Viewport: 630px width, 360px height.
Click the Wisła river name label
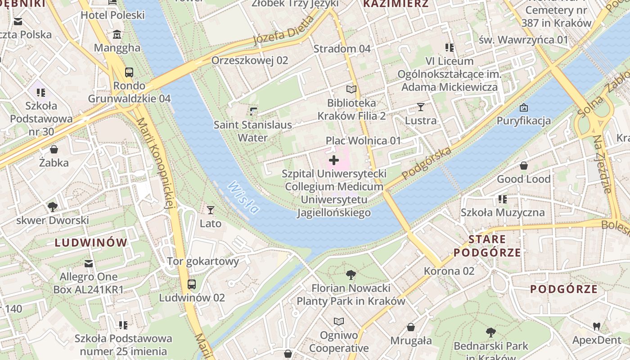point(243,197)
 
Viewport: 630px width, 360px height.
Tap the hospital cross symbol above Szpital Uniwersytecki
point(334,160)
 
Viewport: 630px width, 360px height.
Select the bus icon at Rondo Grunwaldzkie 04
point(129,72)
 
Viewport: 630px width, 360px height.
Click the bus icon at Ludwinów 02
point(192,284)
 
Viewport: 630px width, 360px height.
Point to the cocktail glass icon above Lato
point(210,210)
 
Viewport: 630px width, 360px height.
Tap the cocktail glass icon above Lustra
point(420,107)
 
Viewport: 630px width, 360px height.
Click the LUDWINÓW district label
point(91,243)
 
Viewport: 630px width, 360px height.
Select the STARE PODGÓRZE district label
point(487,246)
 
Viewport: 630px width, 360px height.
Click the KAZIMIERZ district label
point(396,4)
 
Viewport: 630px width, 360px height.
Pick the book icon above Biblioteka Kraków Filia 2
point(351,90)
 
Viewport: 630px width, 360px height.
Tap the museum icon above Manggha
point(117,34)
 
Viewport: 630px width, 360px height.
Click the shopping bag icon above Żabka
point(54,149)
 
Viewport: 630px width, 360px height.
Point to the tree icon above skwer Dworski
point(53,207)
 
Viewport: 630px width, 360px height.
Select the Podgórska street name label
point(426,163)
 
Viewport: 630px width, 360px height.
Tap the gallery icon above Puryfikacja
point(523,108)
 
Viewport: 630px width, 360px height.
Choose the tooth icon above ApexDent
point(597,326)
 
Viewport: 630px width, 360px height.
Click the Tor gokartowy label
point(203,261)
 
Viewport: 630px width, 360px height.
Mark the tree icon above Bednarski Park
point(491,333)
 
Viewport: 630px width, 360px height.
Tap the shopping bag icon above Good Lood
point(523,166)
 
